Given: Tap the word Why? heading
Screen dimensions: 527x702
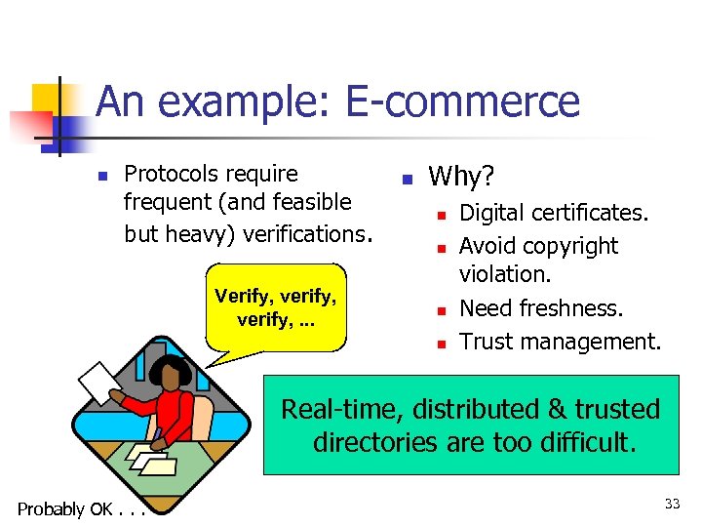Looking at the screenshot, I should [461, 176].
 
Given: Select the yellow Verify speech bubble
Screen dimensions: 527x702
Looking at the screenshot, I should [276, 305].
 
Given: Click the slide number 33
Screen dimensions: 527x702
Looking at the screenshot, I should [672, 504].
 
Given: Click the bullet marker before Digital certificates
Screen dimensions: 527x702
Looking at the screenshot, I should [441, 214].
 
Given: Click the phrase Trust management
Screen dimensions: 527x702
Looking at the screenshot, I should [560, 341].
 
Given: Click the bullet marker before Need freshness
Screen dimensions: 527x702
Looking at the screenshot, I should [441, 309].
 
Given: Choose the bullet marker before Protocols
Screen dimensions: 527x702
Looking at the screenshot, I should [100, 177].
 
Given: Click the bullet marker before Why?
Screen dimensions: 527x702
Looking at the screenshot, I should [409, 179].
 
